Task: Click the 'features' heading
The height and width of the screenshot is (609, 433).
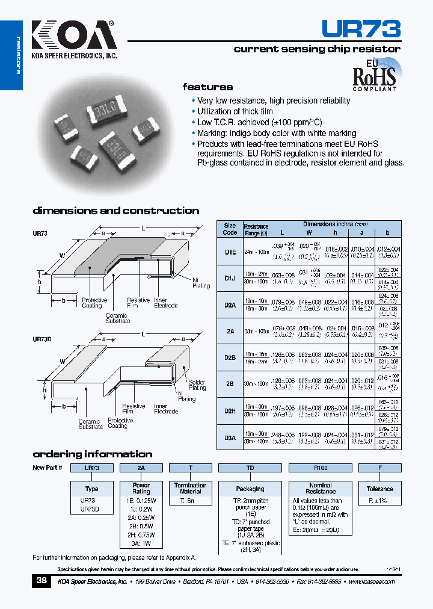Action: click(x=207, y=87)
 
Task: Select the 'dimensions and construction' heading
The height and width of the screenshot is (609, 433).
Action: click(x=115, y=211)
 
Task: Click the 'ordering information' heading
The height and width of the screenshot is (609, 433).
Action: click(x=92, y=454)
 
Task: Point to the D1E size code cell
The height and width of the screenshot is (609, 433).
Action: click(x=230, y=253)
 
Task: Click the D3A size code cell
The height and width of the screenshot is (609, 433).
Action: click(x=230, y=437)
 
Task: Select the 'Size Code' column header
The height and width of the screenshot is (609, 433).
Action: click(x=230, y=229)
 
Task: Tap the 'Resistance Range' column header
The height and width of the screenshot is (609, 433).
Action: click(x=256, y=229)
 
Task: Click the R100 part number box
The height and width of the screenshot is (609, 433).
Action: click(x=320, y=468)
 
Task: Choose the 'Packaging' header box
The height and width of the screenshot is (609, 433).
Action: click(x=250, y=489)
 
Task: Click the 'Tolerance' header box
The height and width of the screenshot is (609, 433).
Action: click(x=379, y=489)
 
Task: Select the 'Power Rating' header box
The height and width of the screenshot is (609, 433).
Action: click(x=141, y=488)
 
